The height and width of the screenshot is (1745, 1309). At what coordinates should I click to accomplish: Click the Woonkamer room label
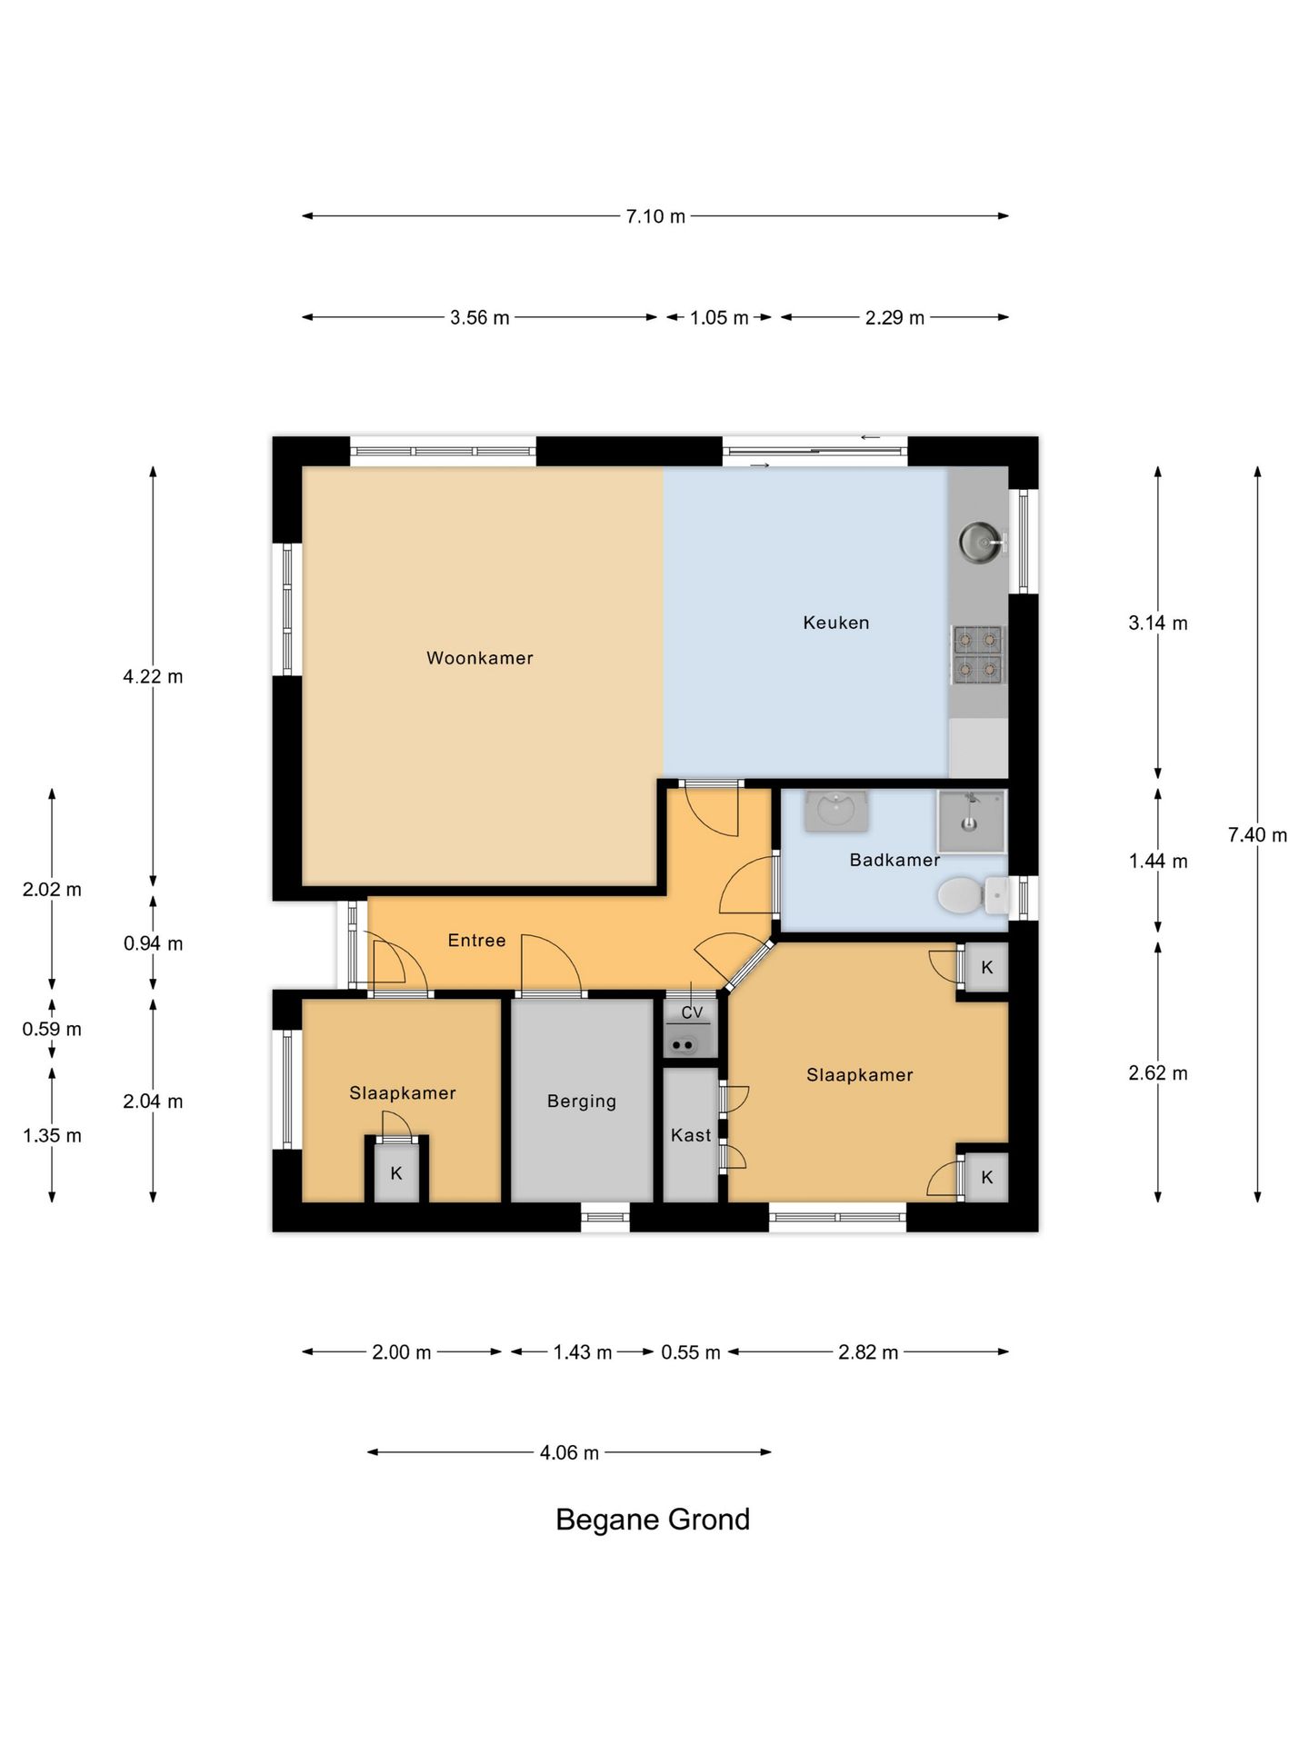click(x=480, y=658)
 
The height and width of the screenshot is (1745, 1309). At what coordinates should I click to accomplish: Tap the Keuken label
click(x=835, y=623)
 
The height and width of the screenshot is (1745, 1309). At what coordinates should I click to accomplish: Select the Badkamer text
click(x=894, y=860)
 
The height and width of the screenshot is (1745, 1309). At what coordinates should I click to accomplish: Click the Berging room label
click(x=582, y=1101)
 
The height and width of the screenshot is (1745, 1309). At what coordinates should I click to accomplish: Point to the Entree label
click(x=476, y=941)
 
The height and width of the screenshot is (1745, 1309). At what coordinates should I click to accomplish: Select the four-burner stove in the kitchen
click(x=977, y=654)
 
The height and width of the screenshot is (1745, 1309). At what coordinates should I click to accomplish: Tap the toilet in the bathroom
click(x=969, y=895)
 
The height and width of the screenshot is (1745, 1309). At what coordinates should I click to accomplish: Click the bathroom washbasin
click(x=835, y=810)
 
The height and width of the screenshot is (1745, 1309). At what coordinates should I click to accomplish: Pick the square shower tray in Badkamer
click(x=971, y=821)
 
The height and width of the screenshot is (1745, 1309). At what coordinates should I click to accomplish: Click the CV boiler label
click(x=692, y=1012)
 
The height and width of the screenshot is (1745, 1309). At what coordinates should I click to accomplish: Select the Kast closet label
click(x=691, y=1135)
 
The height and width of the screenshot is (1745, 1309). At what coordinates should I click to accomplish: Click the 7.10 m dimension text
click(x=655, y=216)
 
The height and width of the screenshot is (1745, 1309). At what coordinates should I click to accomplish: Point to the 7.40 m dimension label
click(x=1257, y=834)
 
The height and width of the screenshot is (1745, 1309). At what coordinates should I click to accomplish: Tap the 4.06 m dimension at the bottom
click(x=569, y=1452)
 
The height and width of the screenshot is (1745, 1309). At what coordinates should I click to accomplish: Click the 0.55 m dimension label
click(x=690, y=1352)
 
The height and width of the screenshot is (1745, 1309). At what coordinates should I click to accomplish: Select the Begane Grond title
click(x=653, y=1520)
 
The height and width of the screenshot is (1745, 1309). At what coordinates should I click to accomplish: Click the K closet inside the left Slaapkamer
click(x=396, y=1173)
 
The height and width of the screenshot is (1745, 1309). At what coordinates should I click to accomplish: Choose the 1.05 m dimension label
click(x=719, y=318)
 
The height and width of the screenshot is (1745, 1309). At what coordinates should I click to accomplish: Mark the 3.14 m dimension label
click(x=1157, y=623)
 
